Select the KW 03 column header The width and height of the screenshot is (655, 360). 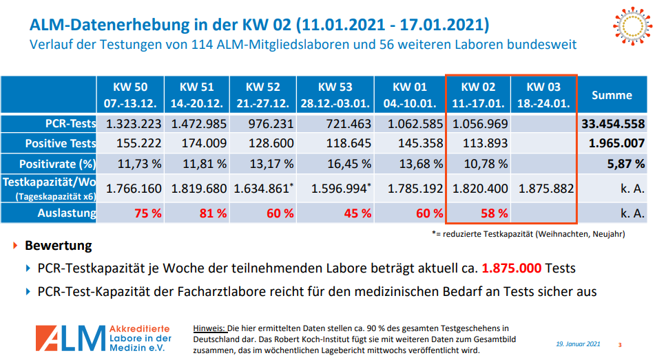pos(543,95)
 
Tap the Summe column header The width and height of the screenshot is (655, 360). pos(612,95)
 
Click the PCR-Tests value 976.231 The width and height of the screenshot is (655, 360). pos(265,124)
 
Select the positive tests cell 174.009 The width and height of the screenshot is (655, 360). pos(199,144)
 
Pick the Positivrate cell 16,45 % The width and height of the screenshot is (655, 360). pos(335,164)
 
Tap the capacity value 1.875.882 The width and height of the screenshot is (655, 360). pos(543,189)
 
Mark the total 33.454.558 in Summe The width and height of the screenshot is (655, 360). pos(612,124)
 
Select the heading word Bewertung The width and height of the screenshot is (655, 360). pos(58,246)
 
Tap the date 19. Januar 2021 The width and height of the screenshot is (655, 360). pos(579,343)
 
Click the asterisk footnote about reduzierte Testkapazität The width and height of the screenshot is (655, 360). pos(528,234)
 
